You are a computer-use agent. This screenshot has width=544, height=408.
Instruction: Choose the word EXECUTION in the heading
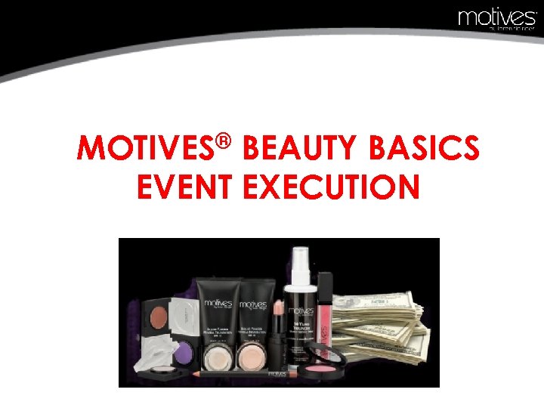[x=332, y=187]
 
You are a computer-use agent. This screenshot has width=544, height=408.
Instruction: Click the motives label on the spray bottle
[x=301, y=311]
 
